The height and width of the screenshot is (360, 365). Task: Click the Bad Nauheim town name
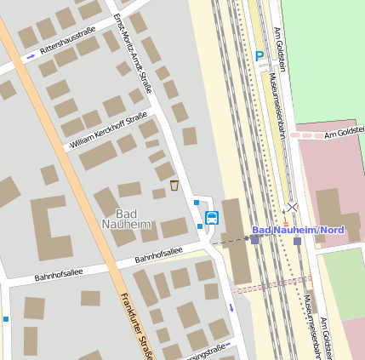pyautogui.click(x=126, y=219)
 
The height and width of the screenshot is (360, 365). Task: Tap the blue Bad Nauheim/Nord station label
pyautogui.click(x=297, y=231)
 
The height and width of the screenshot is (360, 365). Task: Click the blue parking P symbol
pyautogui.click(x=259, y=56)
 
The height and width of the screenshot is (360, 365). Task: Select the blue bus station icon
pyautogui.click(x=212, y=217)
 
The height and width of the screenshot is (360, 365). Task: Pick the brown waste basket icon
pyautogui.click(x=174, y=186)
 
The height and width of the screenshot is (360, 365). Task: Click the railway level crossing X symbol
pyautogui.click(x=293, y=207)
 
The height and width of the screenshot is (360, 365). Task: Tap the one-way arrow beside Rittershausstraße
pyautogui.click(x=31, y=56)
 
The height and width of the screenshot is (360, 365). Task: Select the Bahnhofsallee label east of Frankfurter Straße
pyautogui.click(x=158, y=254)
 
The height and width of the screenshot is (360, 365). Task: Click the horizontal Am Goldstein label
pyautogui.click(x=344, y=133)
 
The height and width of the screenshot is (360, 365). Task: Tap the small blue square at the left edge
pyautogui.click(x=6, y=319)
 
